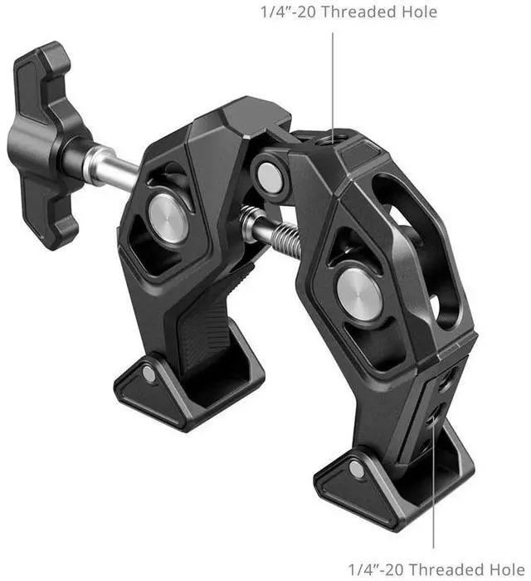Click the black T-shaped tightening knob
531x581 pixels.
pos(44,144)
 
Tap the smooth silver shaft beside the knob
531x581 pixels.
pos(111,168)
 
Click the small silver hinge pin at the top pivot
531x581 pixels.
pos(270,177)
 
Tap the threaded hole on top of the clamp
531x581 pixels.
pos(332,140)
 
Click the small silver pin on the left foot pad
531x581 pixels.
pos(149,374)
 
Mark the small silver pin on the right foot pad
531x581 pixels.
pos(356,470)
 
